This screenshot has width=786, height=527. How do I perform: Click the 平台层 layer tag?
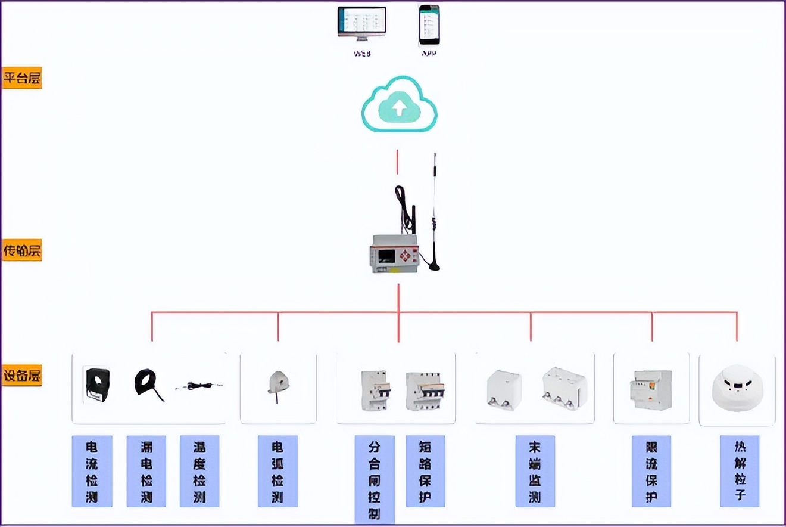22,78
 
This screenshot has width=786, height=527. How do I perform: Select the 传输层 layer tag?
22,251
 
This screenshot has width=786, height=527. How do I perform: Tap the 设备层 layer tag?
22,376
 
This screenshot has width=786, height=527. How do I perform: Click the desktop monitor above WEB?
361,24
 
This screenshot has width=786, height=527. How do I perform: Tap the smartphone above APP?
429,25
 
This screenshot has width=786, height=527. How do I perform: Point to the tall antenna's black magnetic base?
435,266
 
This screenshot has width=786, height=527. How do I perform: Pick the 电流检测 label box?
92,471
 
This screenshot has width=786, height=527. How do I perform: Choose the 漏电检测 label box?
146,471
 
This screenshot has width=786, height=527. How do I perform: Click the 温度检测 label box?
199,471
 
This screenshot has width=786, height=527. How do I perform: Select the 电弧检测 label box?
277,471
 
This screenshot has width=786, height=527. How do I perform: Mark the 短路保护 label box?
425,471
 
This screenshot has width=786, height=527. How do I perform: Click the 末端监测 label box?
535,471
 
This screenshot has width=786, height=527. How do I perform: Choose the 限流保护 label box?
651,471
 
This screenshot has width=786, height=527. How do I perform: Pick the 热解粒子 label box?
740,471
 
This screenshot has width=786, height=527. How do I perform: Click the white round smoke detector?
737,388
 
